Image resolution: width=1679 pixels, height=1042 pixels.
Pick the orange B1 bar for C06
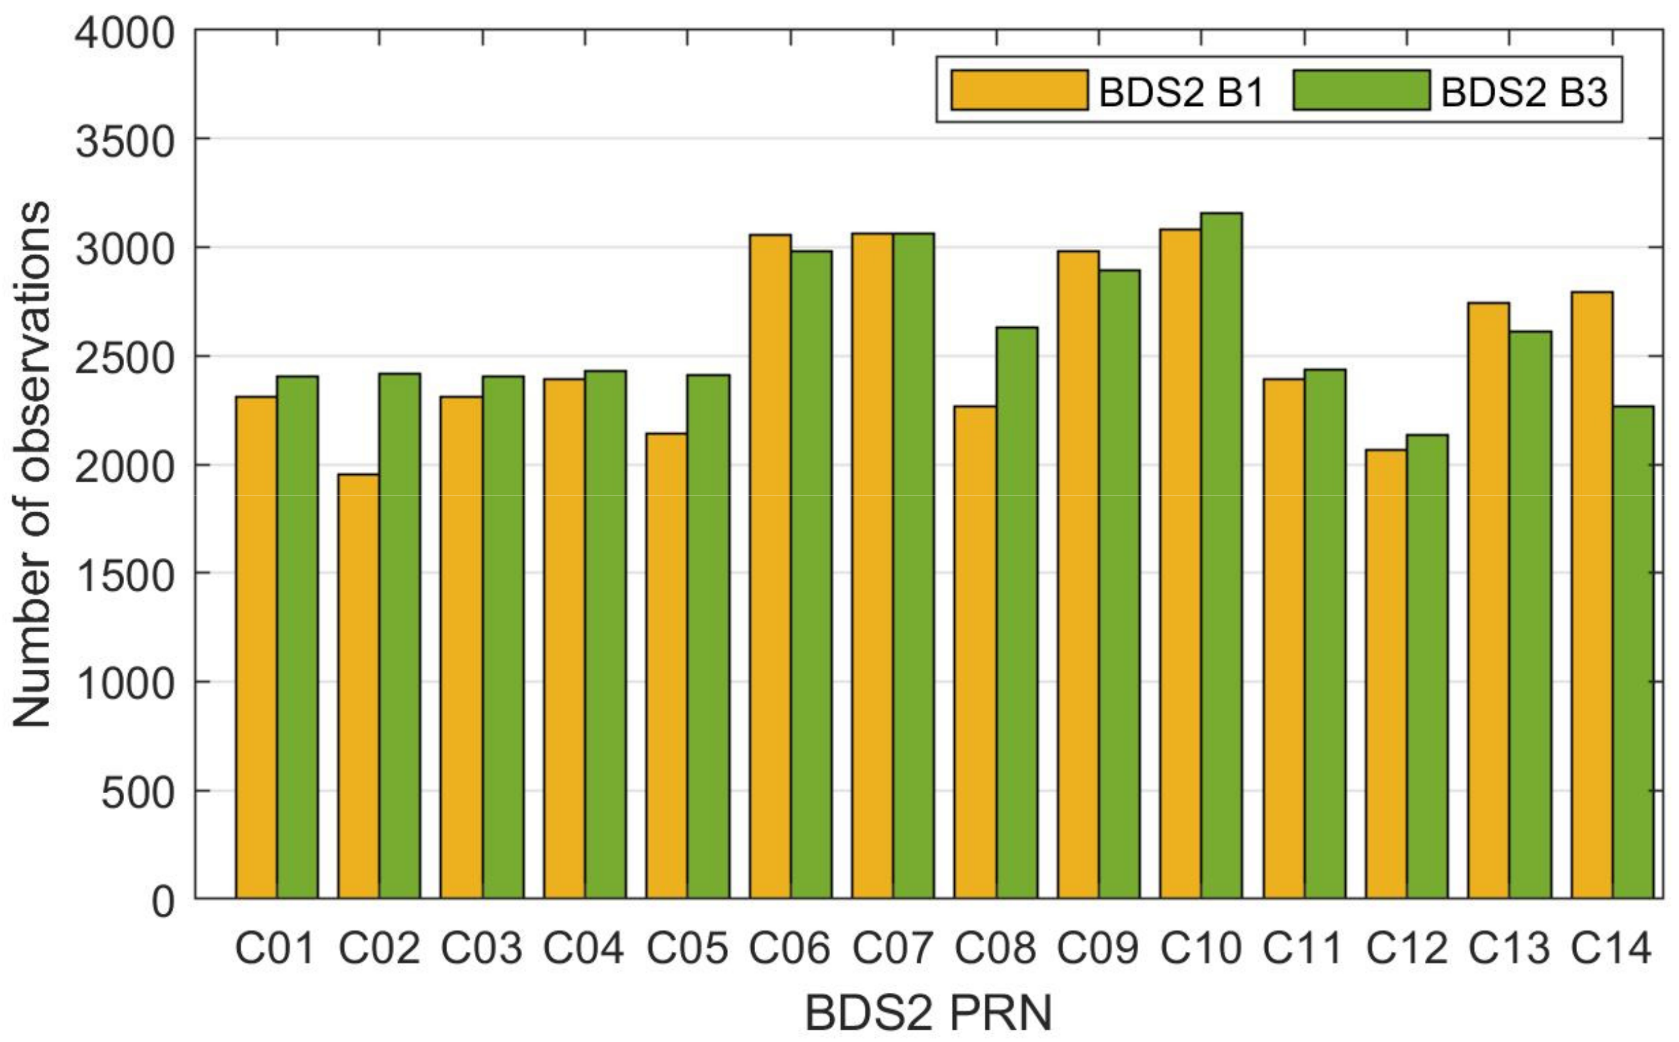click(770, 565)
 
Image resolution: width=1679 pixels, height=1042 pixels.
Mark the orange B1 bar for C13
click(1489, 599)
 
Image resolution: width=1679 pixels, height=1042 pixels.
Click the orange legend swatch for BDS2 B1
click(1019, 90)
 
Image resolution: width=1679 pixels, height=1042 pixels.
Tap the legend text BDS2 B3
click(1524, 92)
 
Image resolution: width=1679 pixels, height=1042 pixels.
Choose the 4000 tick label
click(125, 33)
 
